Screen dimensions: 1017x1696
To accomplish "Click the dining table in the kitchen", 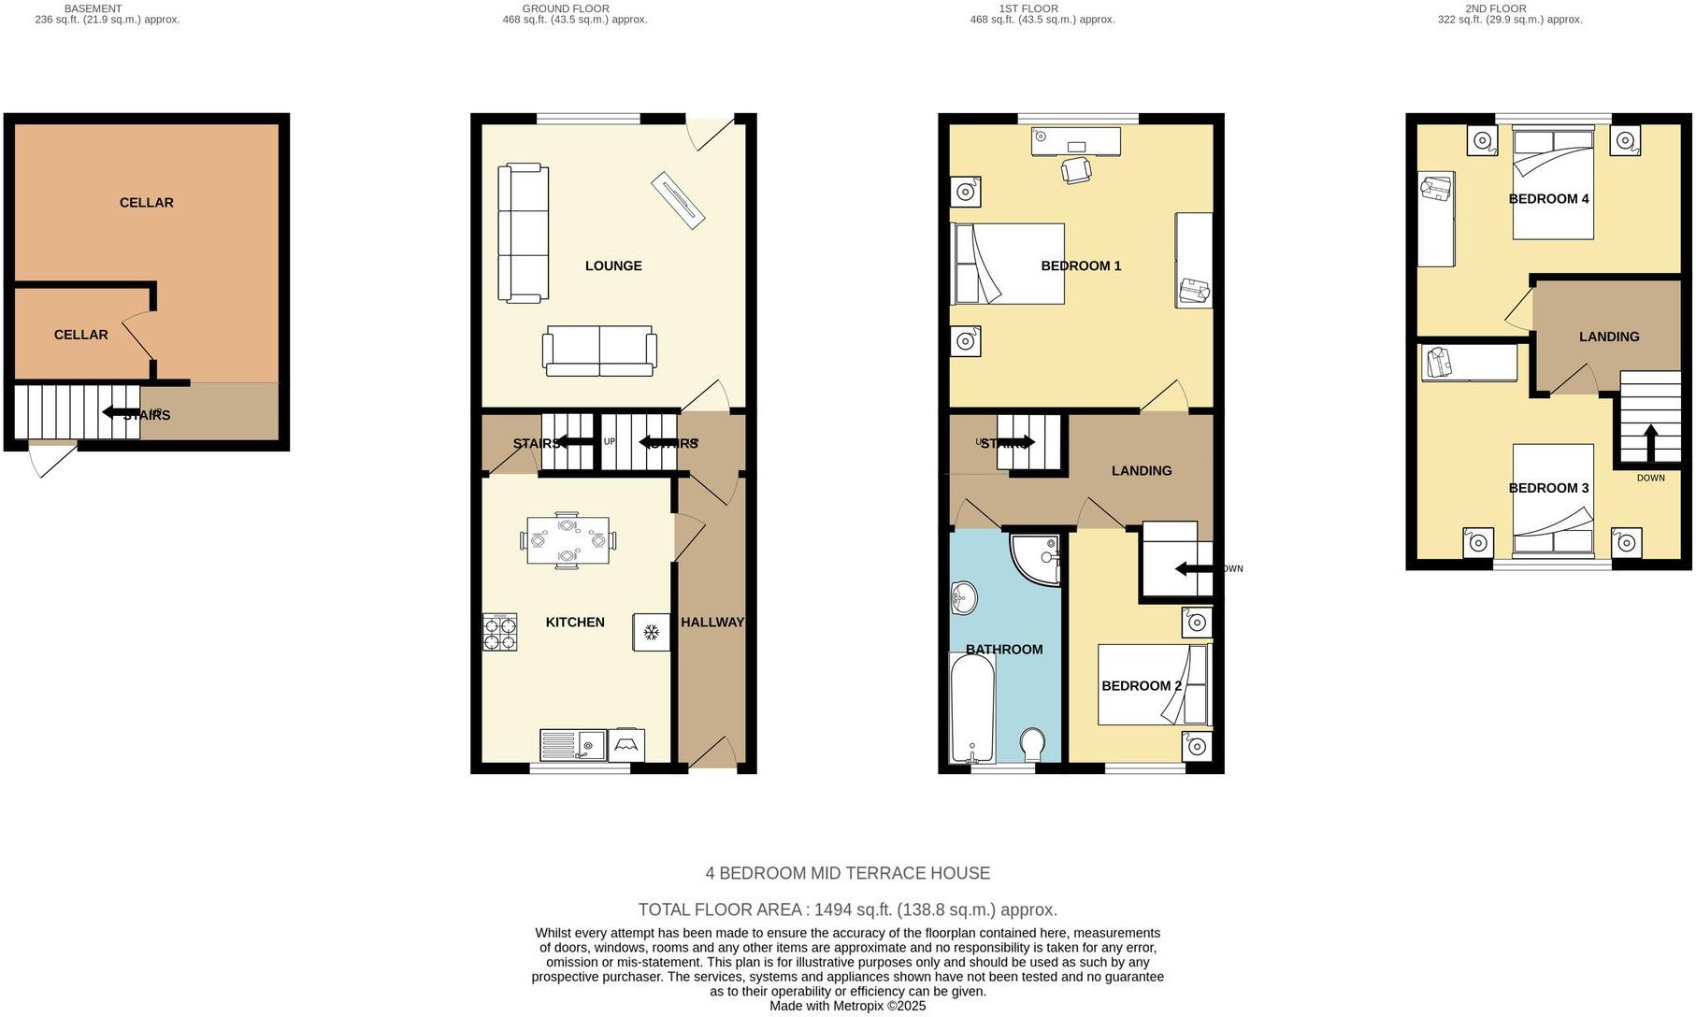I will pyautogui.click(x=567, y=541).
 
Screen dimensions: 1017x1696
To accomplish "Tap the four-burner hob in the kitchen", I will pyautogui.click(x=499, y=632).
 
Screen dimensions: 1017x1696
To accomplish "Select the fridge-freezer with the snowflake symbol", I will pyautogui.click(x=651, y=633).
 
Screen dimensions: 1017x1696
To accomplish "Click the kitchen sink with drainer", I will pyautogui.click(x=573, y=745).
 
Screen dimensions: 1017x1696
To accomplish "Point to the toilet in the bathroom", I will pyautogui.click(x=1032, y=745).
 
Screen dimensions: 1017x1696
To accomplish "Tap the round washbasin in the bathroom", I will pyautogui.click(x=963, y=595).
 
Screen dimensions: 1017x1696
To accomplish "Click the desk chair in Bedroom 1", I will pyautogui.click(x=1076, y=170).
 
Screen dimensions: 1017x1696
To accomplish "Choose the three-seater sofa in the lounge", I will pyautogui.click(x=522, y=234).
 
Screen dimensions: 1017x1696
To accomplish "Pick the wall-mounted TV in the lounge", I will pyautogui.click(x=678, y=199).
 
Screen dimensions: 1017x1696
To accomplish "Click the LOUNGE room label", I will pyautogui.click(x=613, y=266).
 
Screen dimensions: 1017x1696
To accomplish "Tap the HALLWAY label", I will pyautogui.click(x=711, y=623).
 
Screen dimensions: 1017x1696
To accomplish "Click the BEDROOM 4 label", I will pyautogui.click(x=1548, y=199).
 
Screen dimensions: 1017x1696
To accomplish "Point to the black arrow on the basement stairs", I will pyautogui.click(x=121, y=412).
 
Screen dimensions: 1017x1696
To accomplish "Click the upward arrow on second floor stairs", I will pyautogui.click(x=1649, y=443).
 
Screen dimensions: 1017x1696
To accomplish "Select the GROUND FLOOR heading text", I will pyautogui.click(x=565, y=8).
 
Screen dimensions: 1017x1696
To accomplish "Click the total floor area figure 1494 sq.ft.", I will pyautogui.click(x=846, y=910).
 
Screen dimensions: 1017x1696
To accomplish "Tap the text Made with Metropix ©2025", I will pyautogui.click(x=847, y=1006).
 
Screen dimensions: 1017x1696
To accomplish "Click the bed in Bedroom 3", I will pyautogui.click(x=1553, y=500).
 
